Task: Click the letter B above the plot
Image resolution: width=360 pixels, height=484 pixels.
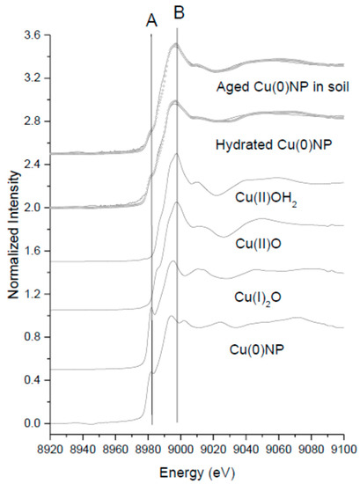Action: pos(179,14)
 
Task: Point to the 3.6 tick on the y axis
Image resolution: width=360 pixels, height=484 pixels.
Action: pos(32,35)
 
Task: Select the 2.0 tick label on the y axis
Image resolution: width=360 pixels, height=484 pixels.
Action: pos(32,208)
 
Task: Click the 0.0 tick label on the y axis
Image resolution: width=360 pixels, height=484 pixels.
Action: pos(32,423)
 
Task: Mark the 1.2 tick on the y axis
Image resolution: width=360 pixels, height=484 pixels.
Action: pos(32,294)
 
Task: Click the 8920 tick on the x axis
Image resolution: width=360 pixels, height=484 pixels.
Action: pos(50,447)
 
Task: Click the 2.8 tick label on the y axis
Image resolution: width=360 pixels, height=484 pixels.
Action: pos(32,121)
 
